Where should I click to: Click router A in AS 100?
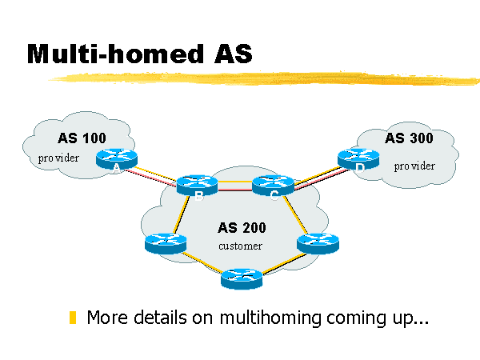[x=116, y=158]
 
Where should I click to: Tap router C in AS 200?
[x=269, y=185]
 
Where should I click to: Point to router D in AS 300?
[x=358, y=158]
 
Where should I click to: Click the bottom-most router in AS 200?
[x=242, y=277]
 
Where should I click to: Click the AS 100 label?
[x=82, y=138]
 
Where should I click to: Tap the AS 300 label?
[x=409, y=138]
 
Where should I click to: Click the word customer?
[x=240, y=246]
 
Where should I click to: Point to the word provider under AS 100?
[x=59, y=158]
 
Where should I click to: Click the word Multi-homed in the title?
[x=107, y=54]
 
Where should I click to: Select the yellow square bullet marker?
[x=74, y=318]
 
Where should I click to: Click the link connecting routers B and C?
[x=231, y=183]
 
